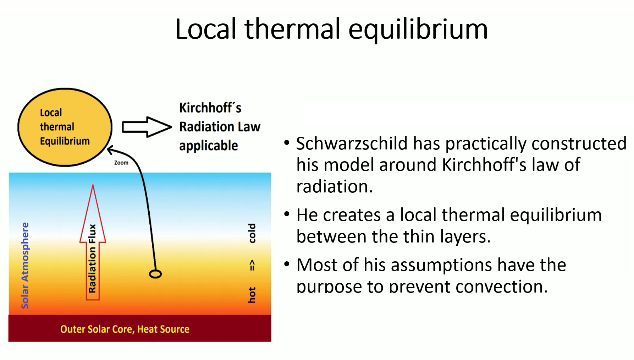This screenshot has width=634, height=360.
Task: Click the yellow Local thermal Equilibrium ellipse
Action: [65, 127]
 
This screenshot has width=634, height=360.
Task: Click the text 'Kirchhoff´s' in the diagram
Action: [210, 108]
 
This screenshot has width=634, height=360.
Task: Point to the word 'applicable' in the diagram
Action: [209, 146]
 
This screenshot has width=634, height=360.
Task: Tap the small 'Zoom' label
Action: [121, 163]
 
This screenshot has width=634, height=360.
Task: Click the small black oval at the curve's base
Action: [155, 274]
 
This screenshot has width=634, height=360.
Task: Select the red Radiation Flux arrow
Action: [93, 242]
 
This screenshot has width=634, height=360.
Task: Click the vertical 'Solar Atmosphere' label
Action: [25, 265]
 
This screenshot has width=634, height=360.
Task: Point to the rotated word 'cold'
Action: [252, 233]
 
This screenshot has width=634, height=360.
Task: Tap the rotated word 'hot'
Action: [252, 295]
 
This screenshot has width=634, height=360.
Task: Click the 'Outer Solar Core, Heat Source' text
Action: [125, 329]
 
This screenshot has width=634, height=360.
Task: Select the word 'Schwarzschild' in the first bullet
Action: [352, 143]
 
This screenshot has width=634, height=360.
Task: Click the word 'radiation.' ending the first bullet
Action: [335, 186]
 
